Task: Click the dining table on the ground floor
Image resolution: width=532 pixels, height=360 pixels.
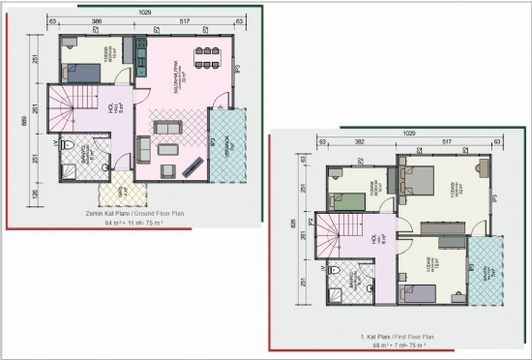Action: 206,58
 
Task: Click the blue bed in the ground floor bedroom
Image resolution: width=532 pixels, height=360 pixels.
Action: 78,72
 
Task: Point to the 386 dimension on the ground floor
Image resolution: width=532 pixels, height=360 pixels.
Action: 97,19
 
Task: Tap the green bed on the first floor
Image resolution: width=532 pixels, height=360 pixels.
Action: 346,202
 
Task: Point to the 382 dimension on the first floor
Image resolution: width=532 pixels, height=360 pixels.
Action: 360,141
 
